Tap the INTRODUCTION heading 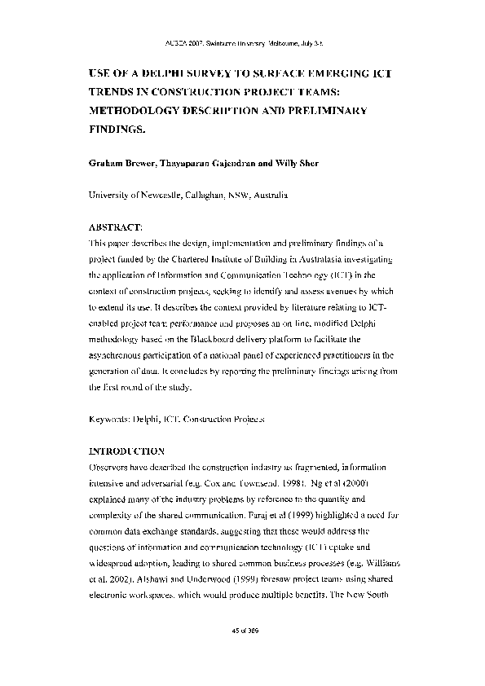pos(126,451)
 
